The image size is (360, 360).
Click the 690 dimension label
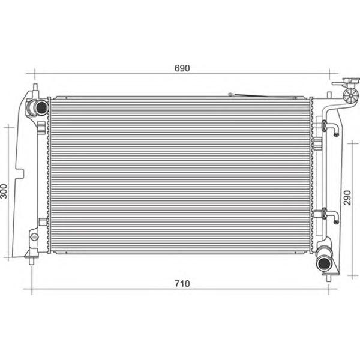182,68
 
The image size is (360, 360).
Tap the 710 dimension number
182,284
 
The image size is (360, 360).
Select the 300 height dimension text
4,191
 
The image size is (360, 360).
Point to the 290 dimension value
347,197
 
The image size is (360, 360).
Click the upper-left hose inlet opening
41,107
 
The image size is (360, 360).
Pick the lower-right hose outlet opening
324,264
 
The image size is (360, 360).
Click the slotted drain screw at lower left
34,237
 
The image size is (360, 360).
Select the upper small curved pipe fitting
330,129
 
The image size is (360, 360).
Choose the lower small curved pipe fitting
330,216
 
